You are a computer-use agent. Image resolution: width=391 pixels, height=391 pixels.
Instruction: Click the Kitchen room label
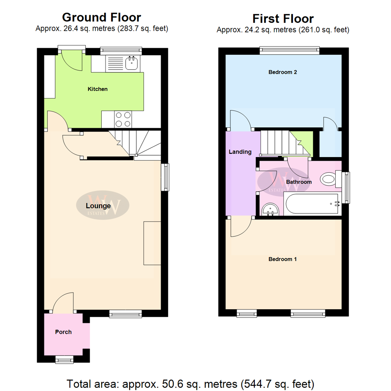98,89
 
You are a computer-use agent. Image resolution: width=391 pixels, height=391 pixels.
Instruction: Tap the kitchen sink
131,64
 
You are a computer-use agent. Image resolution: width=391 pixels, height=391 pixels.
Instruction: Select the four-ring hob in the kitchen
123,119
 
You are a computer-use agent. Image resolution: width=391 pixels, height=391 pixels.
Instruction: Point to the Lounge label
98,206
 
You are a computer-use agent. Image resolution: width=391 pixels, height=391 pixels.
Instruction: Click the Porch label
63,332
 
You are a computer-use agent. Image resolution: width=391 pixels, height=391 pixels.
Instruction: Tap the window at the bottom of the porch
64,359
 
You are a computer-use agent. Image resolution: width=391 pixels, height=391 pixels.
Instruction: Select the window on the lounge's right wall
165,177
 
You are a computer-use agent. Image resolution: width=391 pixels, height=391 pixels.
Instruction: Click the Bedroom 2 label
283,72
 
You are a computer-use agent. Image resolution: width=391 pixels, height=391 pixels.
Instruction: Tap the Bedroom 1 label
283,259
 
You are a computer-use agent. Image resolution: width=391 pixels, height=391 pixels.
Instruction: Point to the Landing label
240,152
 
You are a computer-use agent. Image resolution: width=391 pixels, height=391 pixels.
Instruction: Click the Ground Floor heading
102,17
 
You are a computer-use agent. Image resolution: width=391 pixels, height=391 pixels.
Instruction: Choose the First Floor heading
283,18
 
